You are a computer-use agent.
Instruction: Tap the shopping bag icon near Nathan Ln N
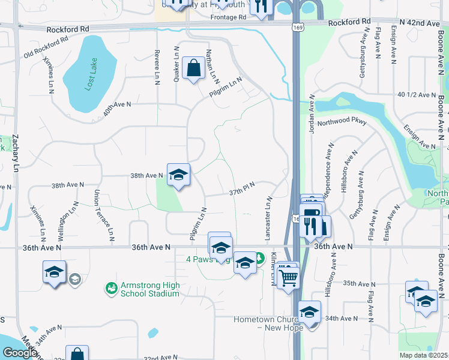tap(194, 68)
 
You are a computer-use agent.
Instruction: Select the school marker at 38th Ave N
tap(178, 175)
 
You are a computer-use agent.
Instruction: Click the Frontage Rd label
tap(228, 18)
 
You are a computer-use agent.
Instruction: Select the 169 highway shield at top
tap(298, 28)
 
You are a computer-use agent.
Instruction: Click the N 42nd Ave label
tap(421, 23)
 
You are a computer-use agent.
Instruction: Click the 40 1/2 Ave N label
tap(416, 95)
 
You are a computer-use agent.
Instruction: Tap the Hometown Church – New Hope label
tap(267, 323)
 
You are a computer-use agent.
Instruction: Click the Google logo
tap(20, 353)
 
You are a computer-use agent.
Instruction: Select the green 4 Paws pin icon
tap(259, 259)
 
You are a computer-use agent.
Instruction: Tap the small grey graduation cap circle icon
tap(74, 279)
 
